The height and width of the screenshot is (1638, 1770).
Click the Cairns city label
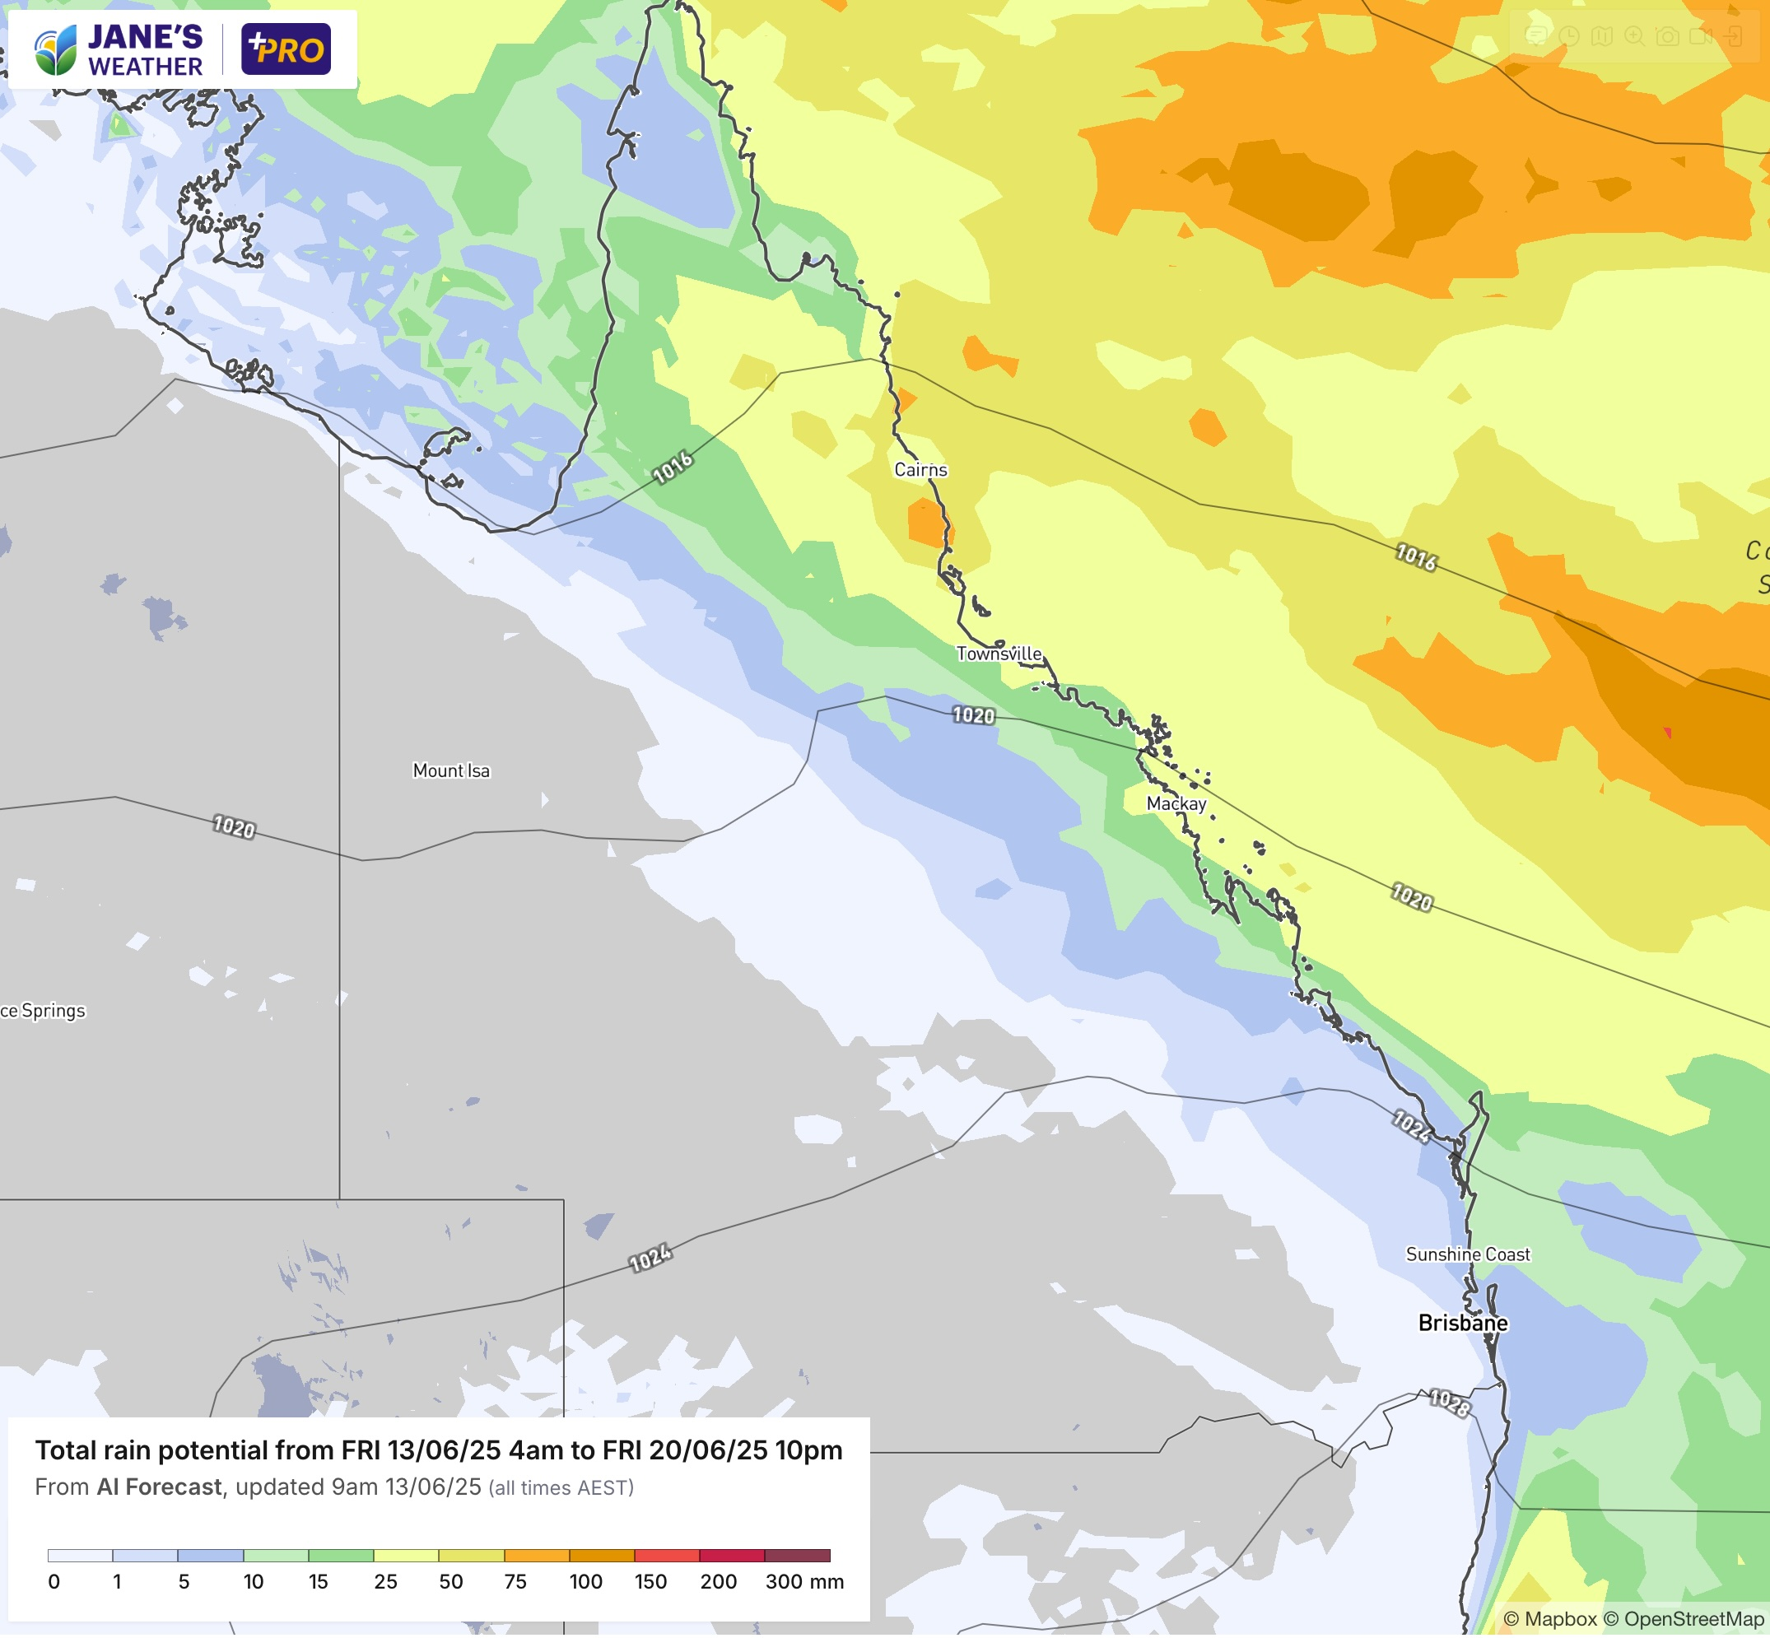[x=920, y=470]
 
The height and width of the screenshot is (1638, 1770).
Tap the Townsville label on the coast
[x=999, y=654]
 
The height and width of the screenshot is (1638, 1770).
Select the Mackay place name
[x=1176, y=803]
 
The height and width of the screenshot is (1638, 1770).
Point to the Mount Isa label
[x=451, y=770]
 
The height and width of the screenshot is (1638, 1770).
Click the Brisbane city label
[x=1462, y=1323]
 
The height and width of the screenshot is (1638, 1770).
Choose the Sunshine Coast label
[x=1468, y=1254]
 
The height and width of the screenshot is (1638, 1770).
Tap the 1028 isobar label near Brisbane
[x=1450, y=1403]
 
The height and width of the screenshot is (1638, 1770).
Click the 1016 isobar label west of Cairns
[x=673, y=467]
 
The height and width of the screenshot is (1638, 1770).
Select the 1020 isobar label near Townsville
[x=973, y=715]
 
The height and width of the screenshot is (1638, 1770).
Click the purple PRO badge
[x=286, y=49]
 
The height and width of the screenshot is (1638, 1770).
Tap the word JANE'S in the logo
[x=146, y=36]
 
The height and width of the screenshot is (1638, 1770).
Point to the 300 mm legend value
[x=803, y=1581]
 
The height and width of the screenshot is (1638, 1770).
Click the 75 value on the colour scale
[x=515, y=1581]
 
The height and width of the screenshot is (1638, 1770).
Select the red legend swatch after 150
[x=667, y=1556]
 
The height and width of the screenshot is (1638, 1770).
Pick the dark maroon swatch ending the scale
[x=797, y=1556]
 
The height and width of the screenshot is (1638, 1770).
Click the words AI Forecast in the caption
[x=160, y=1487]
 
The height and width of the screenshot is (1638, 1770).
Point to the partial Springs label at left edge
[x=44, y=1011]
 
